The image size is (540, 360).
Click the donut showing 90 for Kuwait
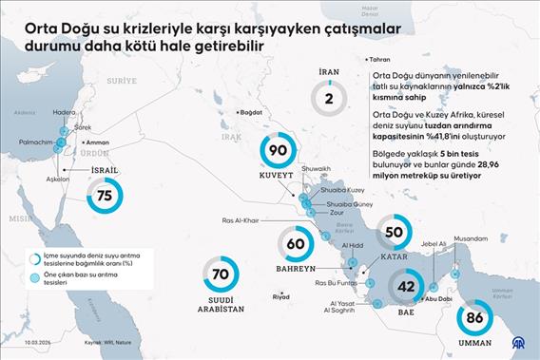[279, 151]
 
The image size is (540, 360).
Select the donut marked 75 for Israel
[104, 195]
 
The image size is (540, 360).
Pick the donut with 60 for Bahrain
[295, 244]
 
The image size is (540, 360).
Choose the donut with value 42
[406, 286]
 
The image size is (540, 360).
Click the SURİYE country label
[121, 82]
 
